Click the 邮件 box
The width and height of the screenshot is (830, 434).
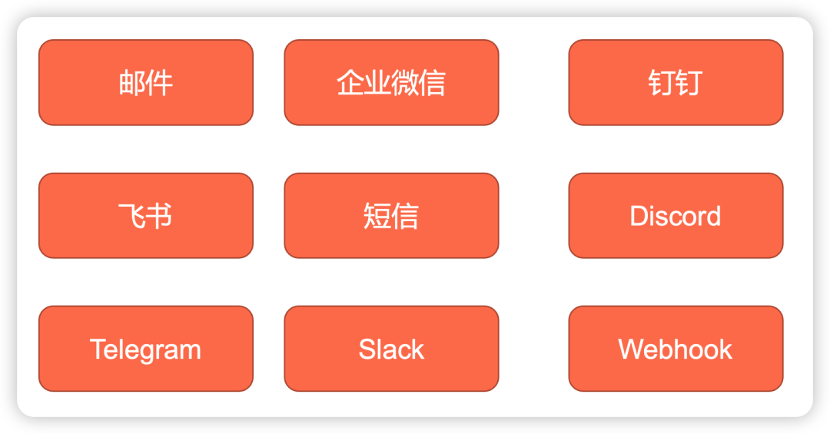click(x=145, y=82)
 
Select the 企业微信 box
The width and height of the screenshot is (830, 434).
click(x=391, y=82)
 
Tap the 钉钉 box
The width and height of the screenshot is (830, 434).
click(x=676, y=82)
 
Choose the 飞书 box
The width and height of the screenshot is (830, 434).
click(x=145, y=215)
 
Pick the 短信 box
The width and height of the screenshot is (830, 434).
click(x=391, y=215)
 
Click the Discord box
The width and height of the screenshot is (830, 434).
click(x=676, y=215)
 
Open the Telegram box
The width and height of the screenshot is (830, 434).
click(x=145, y=349)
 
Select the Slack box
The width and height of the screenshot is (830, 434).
click(x=391, y=349)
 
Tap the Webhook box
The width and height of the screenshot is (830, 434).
click(x=676, y=349)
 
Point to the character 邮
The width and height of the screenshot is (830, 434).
click(x=132, y=83)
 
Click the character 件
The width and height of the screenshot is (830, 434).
click(x=159, y=83)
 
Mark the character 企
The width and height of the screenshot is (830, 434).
click(x=350, y=83)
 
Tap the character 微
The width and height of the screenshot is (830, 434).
click(x=405, y=83)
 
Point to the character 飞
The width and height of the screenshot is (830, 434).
click(x=131, y=216)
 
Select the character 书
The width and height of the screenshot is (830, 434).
click(x=159, y=216)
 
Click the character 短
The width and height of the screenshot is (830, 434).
click(x=377, y=216)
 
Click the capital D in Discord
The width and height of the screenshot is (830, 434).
click(x=639, y=216)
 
